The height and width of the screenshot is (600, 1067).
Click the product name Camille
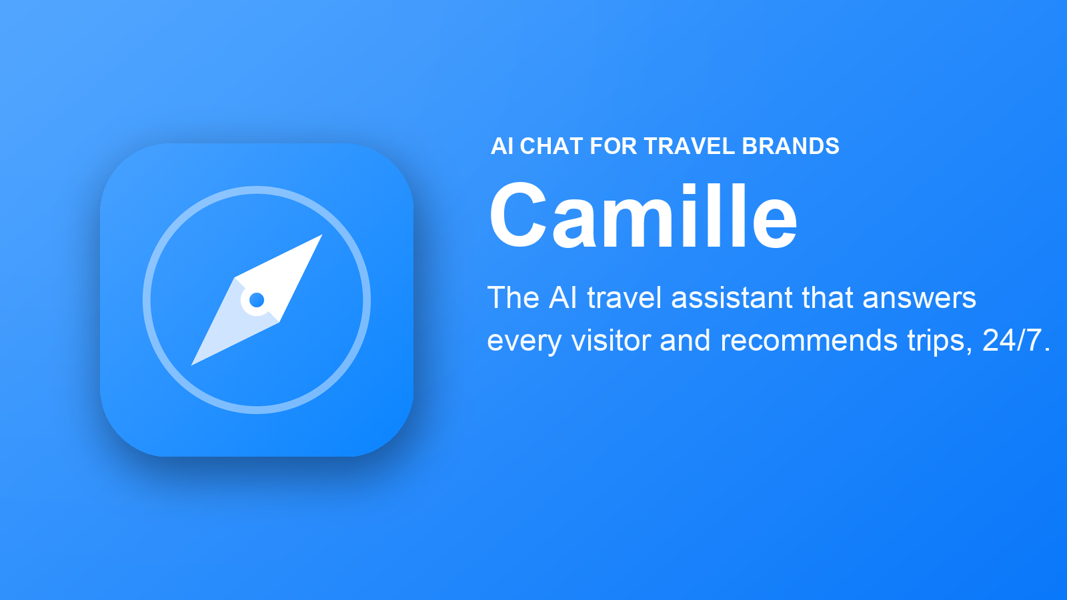click(643, 216)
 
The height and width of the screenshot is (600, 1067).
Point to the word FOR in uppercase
click(614, 146)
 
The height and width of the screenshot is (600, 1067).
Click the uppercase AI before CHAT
click(502, 146)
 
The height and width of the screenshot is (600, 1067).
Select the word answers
click(920, 298)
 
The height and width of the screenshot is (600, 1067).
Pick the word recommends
click(809, 341)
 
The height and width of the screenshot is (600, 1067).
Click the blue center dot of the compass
click(257, 300)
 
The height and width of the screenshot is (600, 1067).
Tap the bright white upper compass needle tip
click(322, 235)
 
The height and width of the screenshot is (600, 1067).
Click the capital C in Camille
click(517, 216)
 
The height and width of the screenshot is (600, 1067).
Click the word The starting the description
click(513, 298)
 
